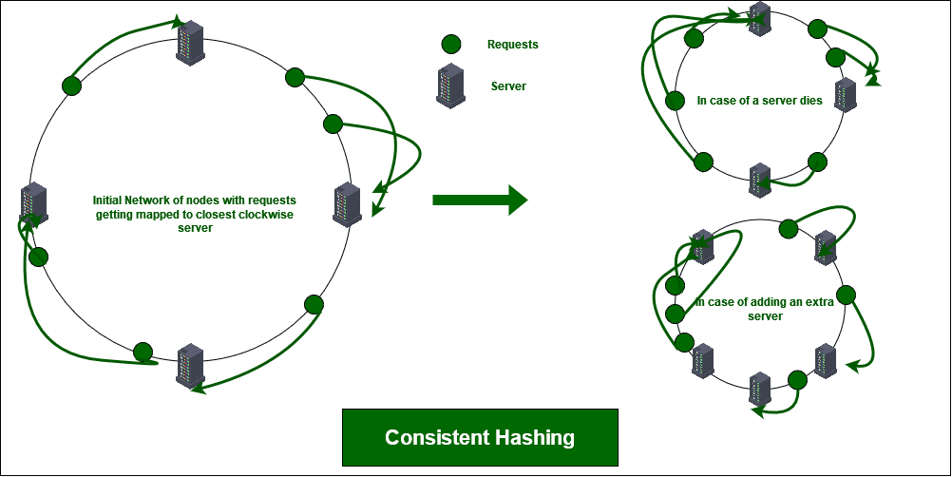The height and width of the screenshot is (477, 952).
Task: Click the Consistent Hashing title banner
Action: click(x=480, y=438)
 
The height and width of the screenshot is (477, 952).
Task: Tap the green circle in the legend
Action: click(x=451, y=44)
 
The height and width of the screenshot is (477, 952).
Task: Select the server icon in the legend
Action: click(x=449, y=86)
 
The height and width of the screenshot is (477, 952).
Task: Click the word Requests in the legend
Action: click(x=512, y=44)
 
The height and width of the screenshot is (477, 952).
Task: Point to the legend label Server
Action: click(x=508, y=86)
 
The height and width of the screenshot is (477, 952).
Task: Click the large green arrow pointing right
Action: click(x=479, y=200)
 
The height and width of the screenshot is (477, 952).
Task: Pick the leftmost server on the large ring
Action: click(x=34, y=203)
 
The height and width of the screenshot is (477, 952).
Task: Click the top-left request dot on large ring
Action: click(x=71, y=86)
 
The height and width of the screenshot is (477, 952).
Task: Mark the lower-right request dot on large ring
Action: click(x=314, y=304)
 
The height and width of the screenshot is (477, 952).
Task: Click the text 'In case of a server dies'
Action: click(x=747, y=100)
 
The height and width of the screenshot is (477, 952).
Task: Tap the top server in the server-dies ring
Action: click(x=758, y=17)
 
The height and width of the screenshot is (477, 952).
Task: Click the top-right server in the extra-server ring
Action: click(x=826, y=245)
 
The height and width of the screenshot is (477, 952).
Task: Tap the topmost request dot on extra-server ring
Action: click(x=787, y=228)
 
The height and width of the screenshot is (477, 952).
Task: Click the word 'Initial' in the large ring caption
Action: click(x=110, y=200)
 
